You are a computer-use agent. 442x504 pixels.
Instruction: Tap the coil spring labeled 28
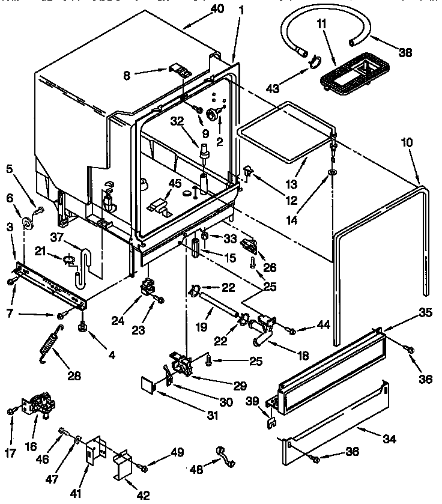(50, 343)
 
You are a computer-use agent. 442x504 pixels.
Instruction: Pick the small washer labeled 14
(331, 174)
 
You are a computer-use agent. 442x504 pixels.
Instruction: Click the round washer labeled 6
(27, 223)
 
